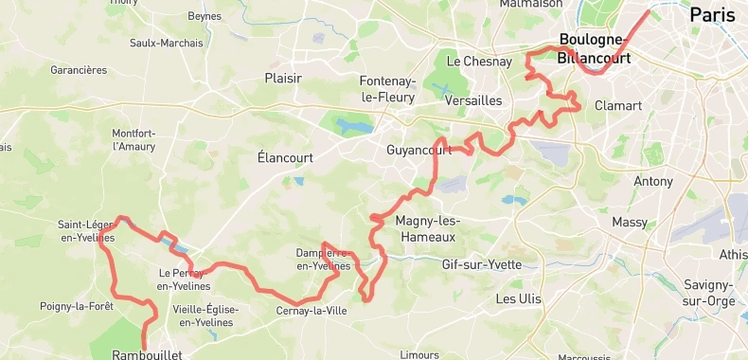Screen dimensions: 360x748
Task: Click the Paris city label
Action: [x=712, y=14]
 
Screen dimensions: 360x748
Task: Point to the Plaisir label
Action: [x=283, y=79]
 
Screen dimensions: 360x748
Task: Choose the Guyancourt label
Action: [x=420, y=151]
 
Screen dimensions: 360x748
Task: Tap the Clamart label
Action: [x=618, y=106]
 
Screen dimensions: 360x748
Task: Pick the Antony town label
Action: [x=652, y=181]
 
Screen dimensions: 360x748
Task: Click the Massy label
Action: [x=630, y=223]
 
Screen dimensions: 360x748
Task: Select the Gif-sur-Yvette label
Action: [x=481, y=264]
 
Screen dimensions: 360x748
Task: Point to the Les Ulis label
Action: [x=519, y=298]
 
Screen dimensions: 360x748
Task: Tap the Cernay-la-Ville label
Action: [x=312, y=310]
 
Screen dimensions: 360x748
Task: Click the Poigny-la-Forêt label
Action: [x=77, y=306]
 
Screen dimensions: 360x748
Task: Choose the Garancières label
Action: [x=79, y=70]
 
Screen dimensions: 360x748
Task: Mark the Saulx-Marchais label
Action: [x=166, y=43]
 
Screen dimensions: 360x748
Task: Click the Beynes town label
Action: [x=205, y=16]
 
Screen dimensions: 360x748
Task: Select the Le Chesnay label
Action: [x=479, y=62]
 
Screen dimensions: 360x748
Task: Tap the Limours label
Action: [x=419, y=354]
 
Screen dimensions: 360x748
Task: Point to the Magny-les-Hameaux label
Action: [x=425, y=228]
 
